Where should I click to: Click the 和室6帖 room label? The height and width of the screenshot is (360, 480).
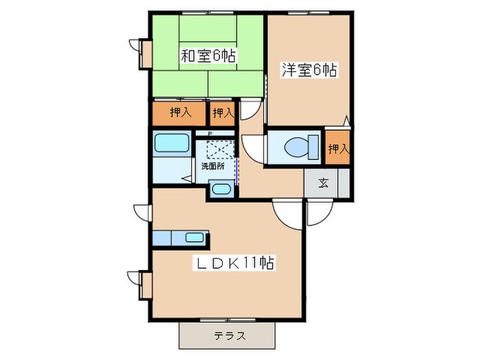(x=208, y=56)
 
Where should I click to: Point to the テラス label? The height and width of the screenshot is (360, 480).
(x=230, y=336)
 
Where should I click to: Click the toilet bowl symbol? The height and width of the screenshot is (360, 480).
(x=293, y=146)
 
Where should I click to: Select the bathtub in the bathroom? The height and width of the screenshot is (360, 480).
(x=172, y=144)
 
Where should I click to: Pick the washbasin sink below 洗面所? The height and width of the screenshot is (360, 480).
(x=219, y=189)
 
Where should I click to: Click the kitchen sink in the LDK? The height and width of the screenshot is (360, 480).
(x=195, y=238)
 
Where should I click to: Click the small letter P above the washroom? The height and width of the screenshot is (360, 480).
(x=210, y=134)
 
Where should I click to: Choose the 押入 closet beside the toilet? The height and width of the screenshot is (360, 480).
(x=338, y=147)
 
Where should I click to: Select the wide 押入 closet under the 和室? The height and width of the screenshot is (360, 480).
(x=180, y=112)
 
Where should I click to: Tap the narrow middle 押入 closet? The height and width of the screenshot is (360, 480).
(x=222, y=112)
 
